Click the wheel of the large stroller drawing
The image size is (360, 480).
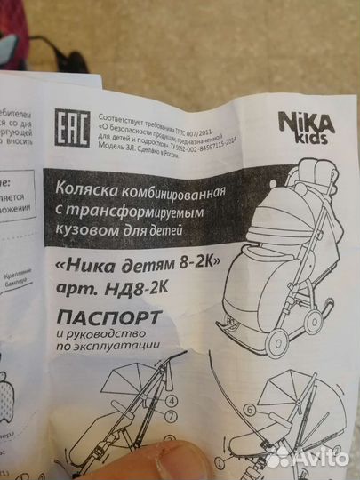pos(316,316)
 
